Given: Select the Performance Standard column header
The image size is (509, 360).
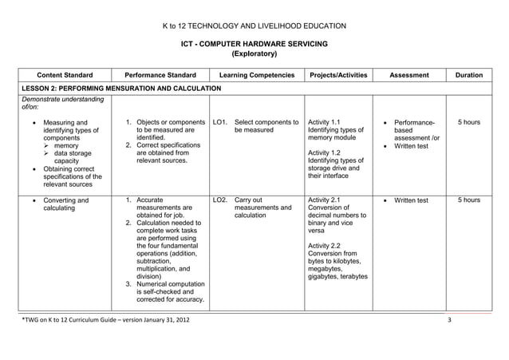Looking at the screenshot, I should (160, 76).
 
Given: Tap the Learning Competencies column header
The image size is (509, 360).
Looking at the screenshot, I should (256, 76).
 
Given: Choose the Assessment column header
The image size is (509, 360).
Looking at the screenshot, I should (408, 76).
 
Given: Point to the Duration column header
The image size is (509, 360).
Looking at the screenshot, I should (468, 76).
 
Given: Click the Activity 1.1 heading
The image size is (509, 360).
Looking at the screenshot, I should (324, 122).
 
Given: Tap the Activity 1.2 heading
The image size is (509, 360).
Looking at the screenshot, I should (324, 152).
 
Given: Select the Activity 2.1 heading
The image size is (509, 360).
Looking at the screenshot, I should (324, 200).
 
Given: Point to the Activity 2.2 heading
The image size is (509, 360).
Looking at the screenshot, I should (324, 246).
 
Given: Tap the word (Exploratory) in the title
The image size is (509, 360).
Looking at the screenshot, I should (254, 54).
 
